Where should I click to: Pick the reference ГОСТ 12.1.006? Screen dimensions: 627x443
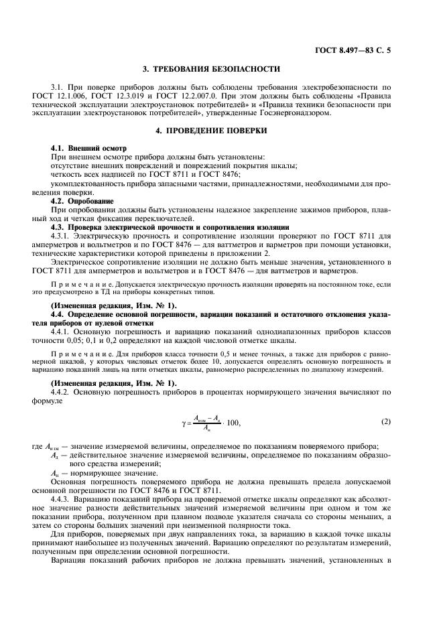click(76, 95)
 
